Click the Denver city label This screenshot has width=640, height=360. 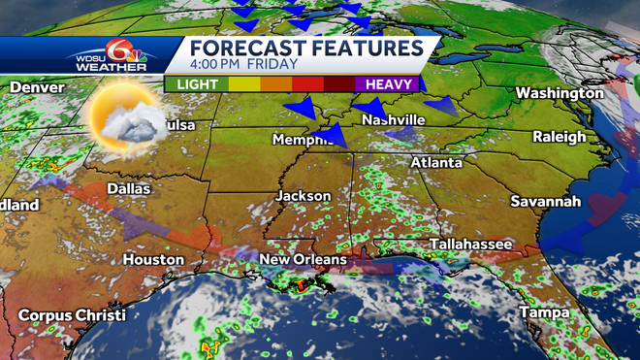pyautogui.click(x=37, y=87)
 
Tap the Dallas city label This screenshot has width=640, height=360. pyautogui.click(x=128, y=188)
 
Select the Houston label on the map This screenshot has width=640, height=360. pyautogui.click(x=153, y=260)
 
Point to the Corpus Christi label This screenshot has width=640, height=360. pyautogui.click(x=72, y=316)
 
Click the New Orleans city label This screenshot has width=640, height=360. pyautogui.click(x=303, y=260)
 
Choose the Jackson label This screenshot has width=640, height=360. pyautogui.click(x=304, y=196)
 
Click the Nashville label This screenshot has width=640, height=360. pyautogui.click(x=393, y=119)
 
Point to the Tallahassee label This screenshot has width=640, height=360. pyautogui.click(x=470, y=245)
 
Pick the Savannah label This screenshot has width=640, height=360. pyautogui.click(x=546, y=202)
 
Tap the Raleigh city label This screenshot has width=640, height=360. pyautogui.click(x=560, y=137)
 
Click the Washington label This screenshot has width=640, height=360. pyautogui.click(x=560, y=93)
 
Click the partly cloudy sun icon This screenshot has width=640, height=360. pyautogui.click(x=123, y=117)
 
